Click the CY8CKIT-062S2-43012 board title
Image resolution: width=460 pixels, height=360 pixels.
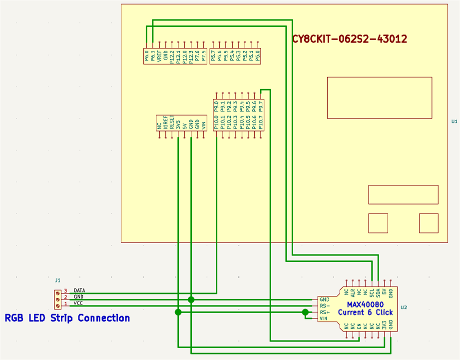pos(350,38)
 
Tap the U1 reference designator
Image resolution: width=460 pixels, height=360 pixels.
pos(454,121)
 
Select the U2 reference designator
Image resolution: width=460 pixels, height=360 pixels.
pos(404,307)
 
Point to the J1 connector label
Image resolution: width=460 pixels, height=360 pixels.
pos(57,280)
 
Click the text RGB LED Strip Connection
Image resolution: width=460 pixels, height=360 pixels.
pos(67,318)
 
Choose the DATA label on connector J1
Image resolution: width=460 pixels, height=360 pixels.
pos(79,290)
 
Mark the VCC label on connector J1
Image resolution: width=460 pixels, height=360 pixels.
pos(78,303)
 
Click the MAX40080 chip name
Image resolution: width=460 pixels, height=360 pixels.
pos(365,304)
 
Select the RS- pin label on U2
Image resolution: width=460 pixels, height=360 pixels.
pos(325,306)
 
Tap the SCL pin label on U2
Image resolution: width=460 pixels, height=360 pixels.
pos(372,292)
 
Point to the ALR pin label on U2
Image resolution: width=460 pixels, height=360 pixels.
pos(353,292)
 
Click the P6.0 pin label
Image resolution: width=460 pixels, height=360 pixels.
pos(147,56)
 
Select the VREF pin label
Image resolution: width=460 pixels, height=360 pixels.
pos(159,56)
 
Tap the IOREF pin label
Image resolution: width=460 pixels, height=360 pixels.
pos(165,123)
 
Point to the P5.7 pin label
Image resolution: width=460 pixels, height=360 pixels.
pos(213,56)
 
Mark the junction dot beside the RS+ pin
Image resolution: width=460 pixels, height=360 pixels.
pos(306,312)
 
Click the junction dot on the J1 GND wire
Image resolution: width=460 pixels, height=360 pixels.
pos(191,299)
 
